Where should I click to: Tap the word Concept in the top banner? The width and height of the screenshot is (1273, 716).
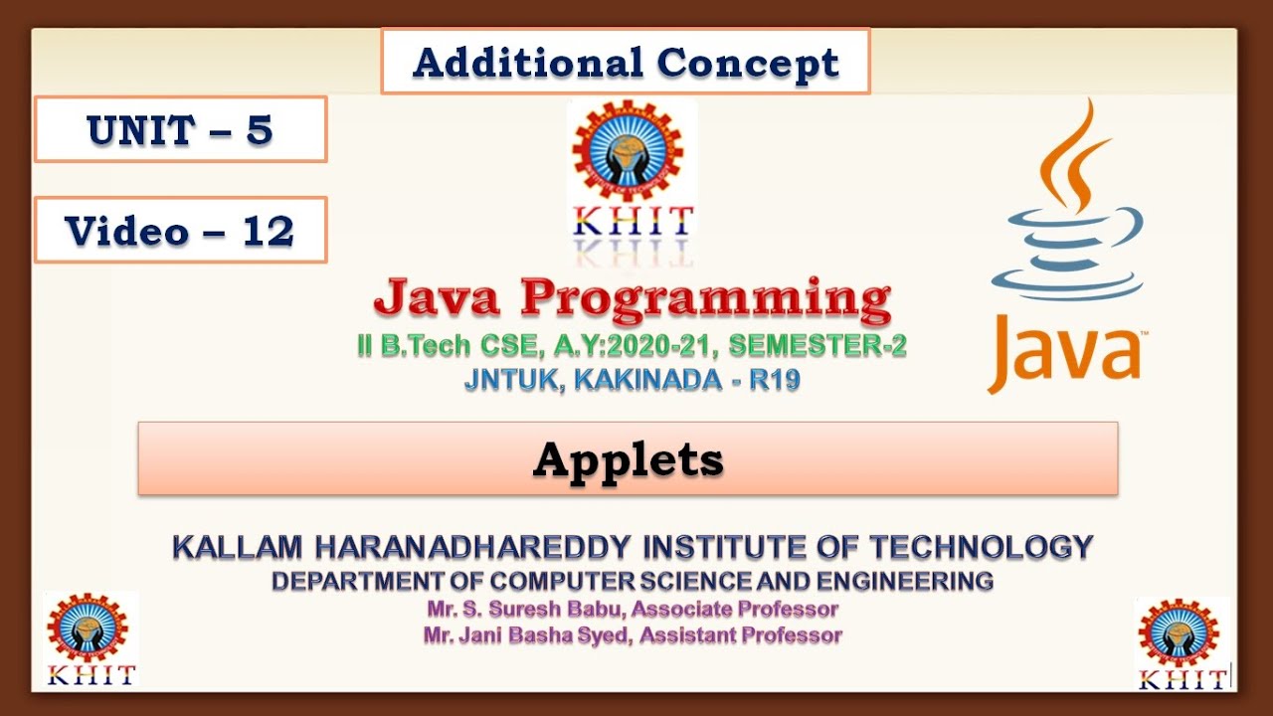pyautogui.click(x=748, y=63)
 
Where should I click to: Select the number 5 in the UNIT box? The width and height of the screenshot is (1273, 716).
pyautogui.click(x=260, y=130)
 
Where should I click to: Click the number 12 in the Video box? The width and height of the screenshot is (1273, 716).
pyautogui.click(x=269, y=232)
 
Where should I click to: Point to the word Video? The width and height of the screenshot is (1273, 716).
pyautogui.click(x=126, y=232)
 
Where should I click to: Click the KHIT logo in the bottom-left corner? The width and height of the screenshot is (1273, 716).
pyautogui.click(x=90, y=638)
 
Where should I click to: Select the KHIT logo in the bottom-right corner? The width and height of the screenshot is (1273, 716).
pyautogui.click(x=1182, y=643)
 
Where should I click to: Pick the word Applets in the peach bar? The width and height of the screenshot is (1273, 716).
pyautogui.click(x=628, y=459)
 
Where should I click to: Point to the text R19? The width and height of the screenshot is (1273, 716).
pyautogui.click(x=775, y=380)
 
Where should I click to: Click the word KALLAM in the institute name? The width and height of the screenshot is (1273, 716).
pyautogui.click(x=238, y=547)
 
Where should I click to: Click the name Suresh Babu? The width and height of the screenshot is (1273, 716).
pyautogui.click(x=558, y=609)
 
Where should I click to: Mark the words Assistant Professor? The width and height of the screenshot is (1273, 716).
pyautogui.click(x=741, y=634)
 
